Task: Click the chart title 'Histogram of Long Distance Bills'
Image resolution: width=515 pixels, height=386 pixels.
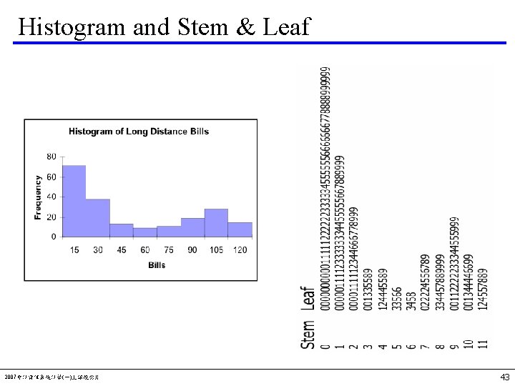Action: point(139,132)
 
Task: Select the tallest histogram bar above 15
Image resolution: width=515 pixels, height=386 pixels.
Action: point(74,201)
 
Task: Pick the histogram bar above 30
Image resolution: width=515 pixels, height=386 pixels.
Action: point(98,218)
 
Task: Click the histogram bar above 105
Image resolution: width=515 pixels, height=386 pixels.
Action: point(216,222)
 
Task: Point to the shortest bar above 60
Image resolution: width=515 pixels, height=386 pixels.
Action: point(145,232)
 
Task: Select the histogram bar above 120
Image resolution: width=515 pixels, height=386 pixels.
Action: point(240,229)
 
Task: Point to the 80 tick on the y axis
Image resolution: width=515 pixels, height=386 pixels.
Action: point(51,157)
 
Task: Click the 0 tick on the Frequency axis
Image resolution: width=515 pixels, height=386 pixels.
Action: point(54,237)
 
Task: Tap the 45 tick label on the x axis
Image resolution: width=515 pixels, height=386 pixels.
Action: point(122,249)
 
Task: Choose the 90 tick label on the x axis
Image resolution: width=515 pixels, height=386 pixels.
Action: point(192,249)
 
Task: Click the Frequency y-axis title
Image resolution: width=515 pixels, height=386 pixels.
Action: point(38,197)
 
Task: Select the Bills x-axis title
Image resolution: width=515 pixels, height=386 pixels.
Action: point(157,265)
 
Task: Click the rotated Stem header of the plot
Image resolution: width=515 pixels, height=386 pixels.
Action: point(308,335)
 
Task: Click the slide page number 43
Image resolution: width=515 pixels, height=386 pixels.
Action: point(505,377)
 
